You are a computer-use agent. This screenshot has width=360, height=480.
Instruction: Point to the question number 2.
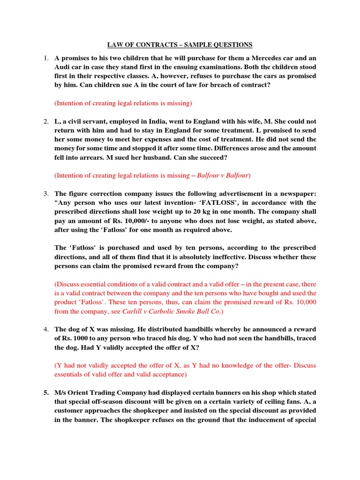point(46,122)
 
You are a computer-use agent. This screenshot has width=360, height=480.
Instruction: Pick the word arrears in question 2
point(91,157)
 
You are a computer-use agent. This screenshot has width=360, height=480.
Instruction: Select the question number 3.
point(46,193)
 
